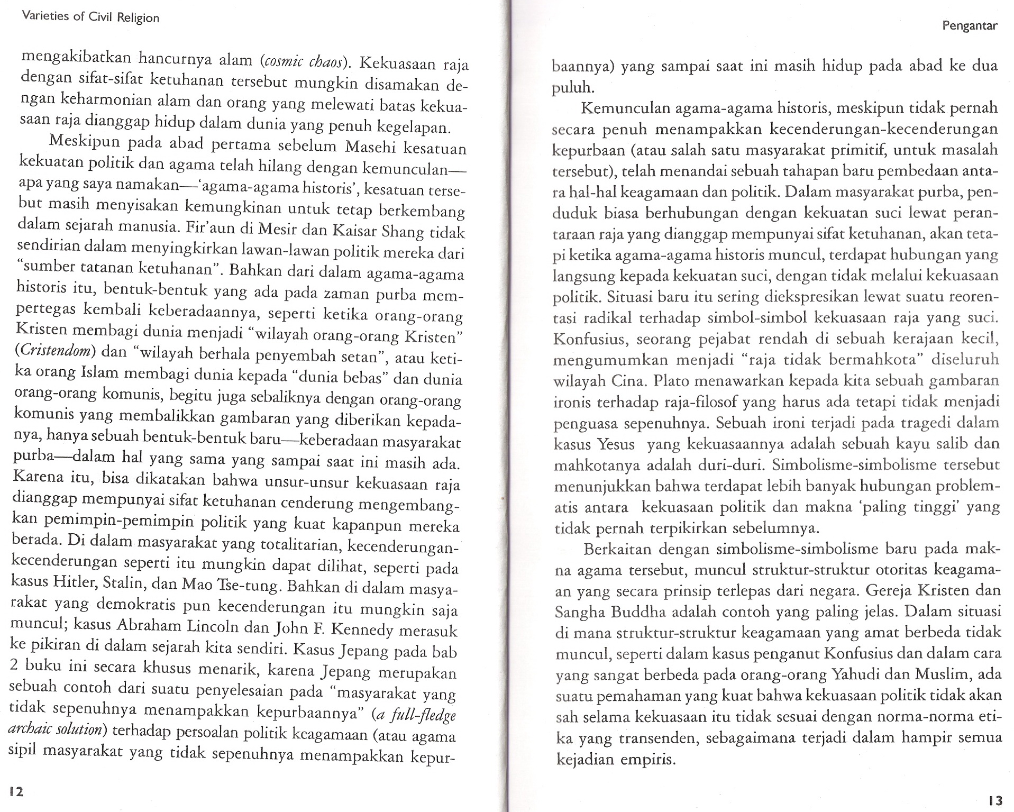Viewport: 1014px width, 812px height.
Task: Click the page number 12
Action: click(x=16, y=791)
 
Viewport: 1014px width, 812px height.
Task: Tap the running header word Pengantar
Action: click(x=970, y=40)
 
